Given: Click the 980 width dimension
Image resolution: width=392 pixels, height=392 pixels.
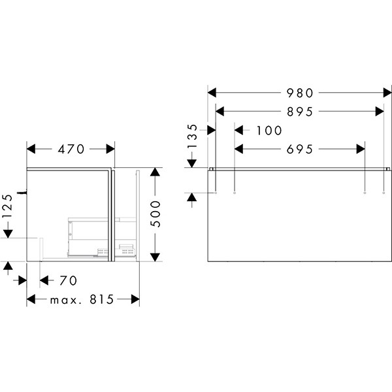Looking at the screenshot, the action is click(x=299, y=93).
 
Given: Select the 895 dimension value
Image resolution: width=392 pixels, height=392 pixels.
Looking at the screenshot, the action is click(x=299, y=112).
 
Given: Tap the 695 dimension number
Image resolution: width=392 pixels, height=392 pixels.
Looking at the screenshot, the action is click(x=299, y=149).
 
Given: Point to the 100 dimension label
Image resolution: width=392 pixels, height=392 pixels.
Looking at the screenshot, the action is click(x=269, y=131).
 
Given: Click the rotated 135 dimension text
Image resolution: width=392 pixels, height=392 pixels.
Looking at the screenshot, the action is click(x=193, y=137).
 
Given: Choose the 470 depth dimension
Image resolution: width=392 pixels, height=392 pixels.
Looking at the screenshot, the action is click(x=71, y=149).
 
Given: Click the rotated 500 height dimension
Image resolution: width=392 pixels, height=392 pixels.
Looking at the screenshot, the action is click(x=155, y=214).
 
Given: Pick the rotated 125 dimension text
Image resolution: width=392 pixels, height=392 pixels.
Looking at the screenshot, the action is click(x=8, y=206).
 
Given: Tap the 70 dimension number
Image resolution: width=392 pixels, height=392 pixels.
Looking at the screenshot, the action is click(x=68, y=280).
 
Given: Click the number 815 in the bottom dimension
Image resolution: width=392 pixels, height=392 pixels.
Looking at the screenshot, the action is click(x=102, y=299).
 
